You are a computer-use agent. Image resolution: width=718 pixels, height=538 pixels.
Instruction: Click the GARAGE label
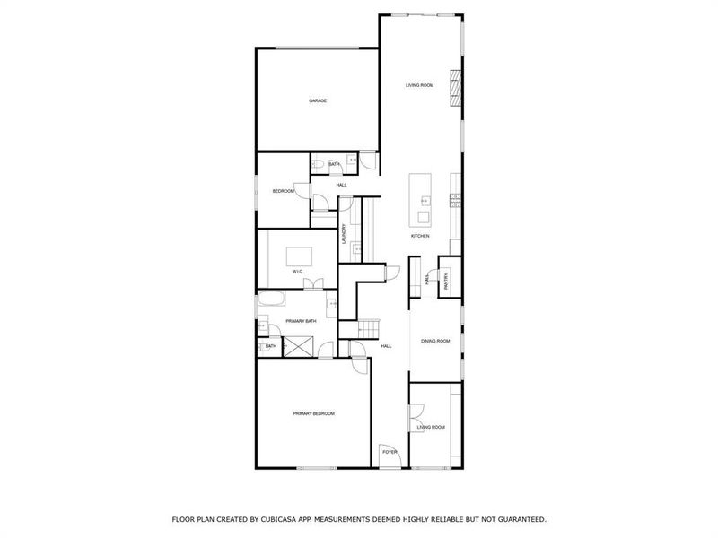318,100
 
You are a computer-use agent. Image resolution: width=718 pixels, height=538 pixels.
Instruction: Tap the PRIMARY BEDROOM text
313,413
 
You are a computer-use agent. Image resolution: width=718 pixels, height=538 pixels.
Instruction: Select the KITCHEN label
420,236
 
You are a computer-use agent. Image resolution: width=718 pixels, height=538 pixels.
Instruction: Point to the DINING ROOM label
435,341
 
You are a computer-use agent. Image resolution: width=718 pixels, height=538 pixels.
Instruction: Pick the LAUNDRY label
343,235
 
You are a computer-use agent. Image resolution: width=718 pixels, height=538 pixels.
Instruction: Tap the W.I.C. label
296,273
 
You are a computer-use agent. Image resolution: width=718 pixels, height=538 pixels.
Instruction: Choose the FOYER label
390,452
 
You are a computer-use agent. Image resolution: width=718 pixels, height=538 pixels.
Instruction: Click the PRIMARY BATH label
300,321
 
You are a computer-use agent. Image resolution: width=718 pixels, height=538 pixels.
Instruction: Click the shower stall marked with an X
297,344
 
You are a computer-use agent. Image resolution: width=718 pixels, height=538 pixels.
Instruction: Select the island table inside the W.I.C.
300,257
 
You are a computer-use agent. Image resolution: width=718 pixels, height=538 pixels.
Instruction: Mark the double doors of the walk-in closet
313,284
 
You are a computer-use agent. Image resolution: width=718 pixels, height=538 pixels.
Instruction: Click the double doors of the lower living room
416,418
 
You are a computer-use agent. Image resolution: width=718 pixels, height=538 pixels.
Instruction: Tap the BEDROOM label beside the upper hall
284,191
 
